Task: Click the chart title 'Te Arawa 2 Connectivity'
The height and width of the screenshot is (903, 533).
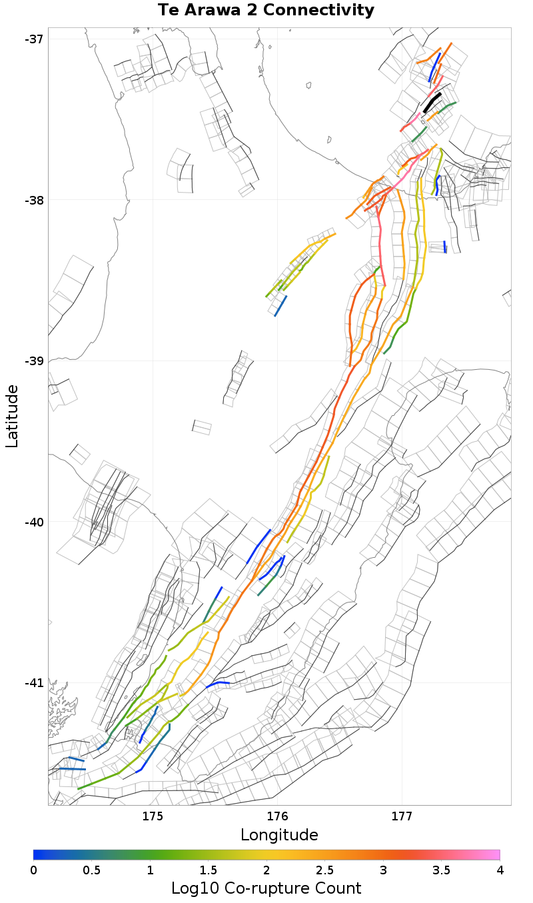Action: [266, 11]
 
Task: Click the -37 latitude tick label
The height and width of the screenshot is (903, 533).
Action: [34, 39]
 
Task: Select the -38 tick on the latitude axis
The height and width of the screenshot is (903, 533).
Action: [34, 200]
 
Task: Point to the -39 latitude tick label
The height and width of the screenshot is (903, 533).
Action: [34, 361]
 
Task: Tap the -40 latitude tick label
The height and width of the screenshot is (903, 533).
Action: [34, 522]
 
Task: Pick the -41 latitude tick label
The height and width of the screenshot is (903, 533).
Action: [34, 683]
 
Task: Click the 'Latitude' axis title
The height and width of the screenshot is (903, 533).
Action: [13, 416]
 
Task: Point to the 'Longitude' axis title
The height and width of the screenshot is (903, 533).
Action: [279, 835]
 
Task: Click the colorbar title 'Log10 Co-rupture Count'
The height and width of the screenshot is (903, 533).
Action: [266, 888]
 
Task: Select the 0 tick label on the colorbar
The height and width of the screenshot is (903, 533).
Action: [34, 870]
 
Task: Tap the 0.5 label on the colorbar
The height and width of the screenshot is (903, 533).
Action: [92, 870]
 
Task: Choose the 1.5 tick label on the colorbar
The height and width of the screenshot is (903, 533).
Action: [209, 870]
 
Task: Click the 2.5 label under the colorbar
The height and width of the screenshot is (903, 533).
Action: [325, 870]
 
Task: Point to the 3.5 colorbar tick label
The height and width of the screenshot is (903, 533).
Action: [442, 870]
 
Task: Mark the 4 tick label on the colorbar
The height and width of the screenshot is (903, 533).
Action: [499, 870]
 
